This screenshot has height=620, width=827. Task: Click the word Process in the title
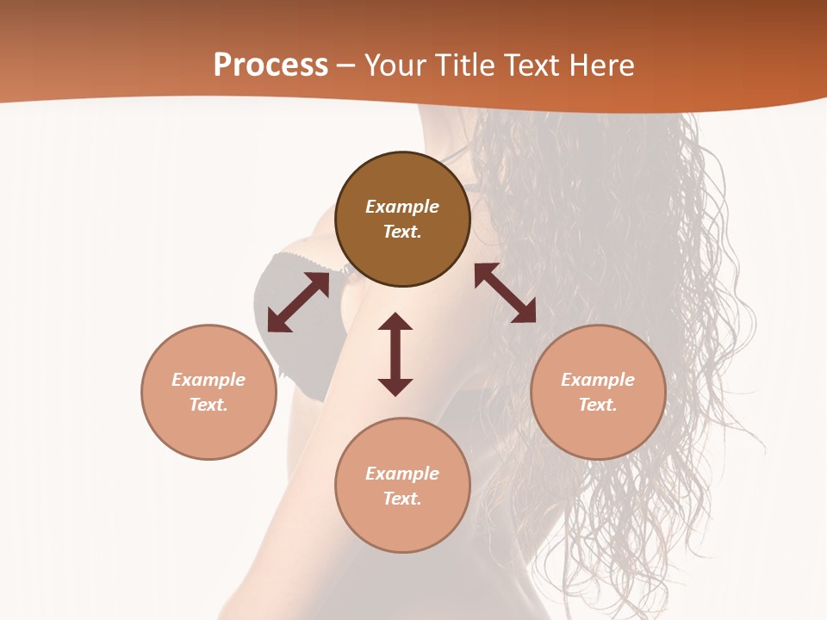coord(270,65)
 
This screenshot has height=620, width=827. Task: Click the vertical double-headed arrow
coord(395,354)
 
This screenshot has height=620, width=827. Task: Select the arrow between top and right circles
coord(505,293)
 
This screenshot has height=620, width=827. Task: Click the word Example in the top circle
coord(402,207)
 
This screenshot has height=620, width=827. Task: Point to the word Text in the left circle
coord(208,405)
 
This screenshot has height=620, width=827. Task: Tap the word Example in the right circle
coord(598,380)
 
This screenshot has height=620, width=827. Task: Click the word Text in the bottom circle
coord(402,499)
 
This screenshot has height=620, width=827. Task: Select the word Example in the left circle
coord(208,380)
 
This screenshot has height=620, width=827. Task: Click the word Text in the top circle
coord(402,232)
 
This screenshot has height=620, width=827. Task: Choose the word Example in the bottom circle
coord(402,474)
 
